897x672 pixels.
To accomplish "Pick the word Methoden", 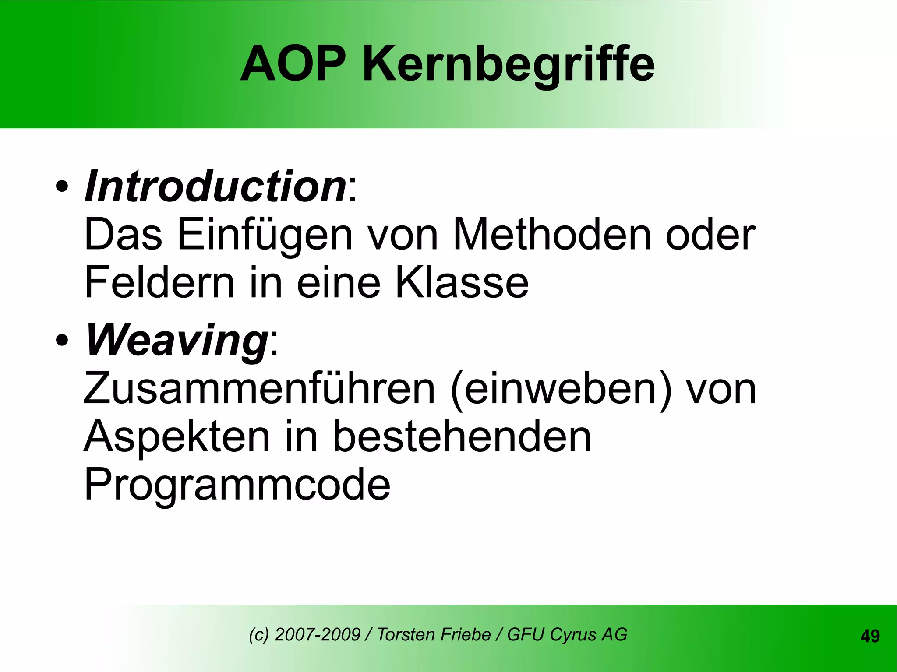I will pos(551,235).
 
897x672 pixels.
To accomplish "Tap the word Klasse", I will pos(462,283).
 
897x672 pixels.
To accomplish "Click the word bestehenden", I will pos(462,436).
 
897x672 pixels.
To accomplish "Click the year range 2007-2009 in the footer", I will pos(317,634).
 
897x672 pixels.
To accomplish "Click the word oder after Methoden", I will pos(710,235).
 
